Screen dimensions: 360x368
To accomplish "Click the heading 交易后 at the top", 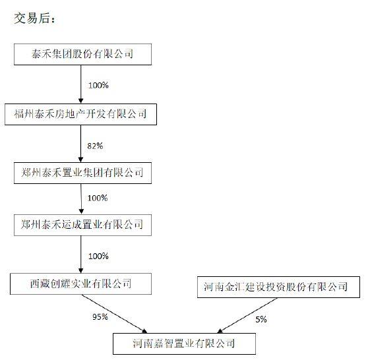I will coord(36,18).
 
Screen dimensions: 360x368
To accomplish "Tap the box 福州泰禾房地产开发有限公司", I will coord(80,114).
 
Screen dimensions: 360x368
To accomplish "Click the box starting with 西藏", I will coord(82,284).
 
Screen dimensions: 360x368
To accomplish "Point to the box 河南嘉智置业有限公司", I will coord(183,343).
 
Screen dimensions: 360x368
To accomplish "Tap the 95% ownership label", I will coord(98,317).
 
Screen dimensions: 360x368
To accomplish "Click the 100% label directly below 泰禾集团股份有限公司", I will coord(98,85).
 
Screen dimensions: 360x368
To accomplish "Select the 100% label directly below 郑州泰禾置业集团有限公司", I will coord(97,198).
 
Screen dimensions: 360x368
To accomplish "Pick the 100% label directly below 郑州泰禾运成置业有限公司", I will coord(97,255).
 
